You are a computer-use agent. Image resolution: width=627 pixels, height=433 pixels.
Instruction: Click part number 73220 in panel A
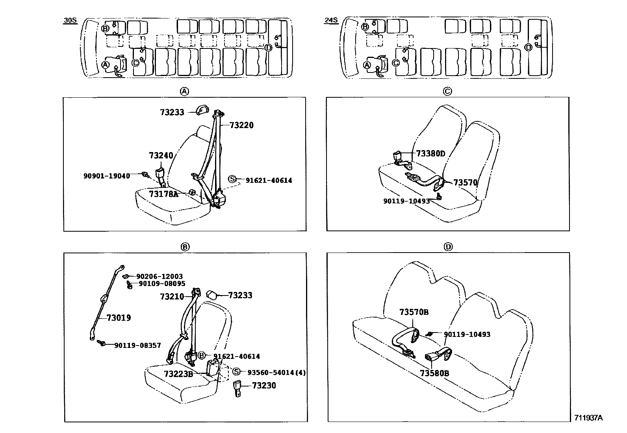pyautogui.click(x=241, y=125)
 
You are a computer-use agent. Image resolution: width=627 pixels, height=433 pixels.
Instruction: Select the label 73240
pyautogui.click(x=161, y=156)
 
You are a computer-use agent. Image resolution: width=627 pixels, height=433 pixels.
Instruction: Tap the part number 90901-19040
pyautogui.click(x=106, y=176)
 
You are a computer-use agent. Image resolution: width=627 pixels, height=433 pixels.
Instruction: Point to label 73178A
pyautogui.click(x=163, y=194)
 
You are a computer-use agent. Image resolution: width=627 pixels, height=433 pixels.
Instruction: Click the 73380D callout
pyautogui.click(x=430, y=154)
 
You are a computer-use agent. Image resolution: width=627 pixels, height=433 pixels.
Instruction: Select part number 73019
pyautogui.click(x=119, y=318)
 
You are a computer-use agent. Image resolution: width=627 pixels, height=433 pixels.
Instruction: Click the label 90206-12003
pyautogui.click(x=160, y=277)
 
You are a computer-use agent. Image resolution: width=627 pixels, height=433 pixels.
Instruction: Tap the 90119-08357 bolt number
pyautogui.click(x=137, y=345)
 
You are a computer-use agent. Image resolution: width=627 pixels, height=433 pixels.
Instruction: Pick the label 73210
pyautogui.click(x=172, y=296)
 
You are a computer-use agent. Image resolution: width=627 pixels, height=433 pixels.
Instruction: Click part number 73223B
pyautogui.click(x=178, y=374)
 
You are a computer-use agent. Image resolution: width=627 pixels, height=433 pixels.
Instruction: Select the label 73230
pyautogui.click(x=264, y=385)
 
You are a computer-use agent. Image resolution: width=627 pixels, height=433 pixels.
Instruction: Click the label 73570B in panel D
pyautogui.click(x=414, y=312)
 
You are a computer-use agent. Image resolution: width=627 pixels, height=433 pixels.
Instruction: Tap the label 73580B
pyautogui.click(x=434, y=373)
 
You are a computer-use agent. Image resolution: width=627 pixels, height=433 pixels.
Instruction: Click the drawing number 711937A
pyautogui.click(x=588, y=418)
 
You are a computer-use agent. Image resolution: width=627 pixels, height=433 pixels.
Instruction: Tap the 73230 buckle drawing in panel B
pyautogui.click(x=237, y=388)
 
